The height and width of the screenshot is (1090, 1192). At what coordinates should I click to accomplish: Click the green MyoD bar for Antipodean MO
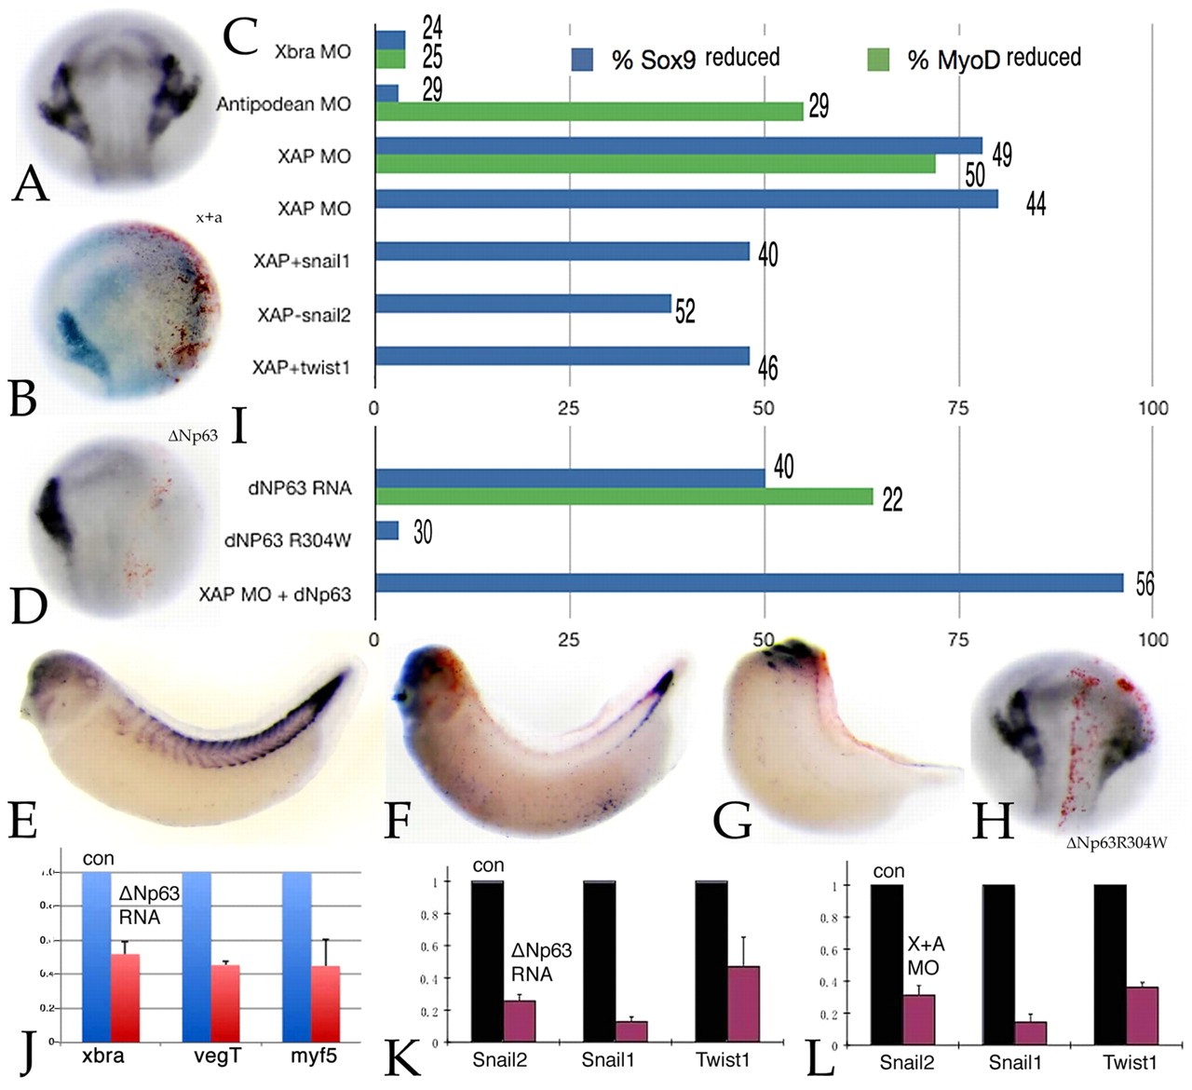pyautogui.click(x=589, y=111)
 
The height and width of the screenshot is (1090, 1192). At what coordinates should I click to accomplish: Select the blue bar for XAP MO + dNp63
pyautogui.click(x=749, y=584)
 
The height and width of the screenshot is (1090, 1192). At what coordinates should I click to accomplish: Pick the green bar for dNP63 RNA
pyautogui.click(x=624, y=496)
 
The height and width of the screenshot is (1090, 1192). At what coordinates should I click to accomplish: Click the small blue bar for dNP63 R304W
pyautogui.click(x=386, y=531)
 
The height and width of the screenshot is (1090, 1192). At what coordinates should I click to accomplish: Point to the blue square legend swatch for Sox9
pyautogui.click(x=582, y=60)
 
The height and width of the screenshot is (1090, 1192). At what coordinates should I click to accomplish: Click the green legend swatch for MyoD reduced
pyautogui.click(x=879, y=60)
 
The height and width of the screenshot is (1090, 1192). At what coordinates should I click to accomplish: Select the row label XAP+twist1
pyautogui.click(x=301, y=367)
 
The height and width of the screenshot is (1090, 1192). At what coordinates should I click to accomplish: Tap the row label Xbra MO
pyautogui.click(x=313, y=51)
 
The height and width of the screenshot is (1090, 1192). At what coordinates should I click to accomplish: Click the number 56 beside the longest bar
pyautogui.click(x=1145, y=584)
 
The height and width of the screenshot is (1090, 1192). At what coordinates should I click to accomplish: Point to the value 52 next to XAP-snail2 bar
pyautogui.click(x=685, y=310)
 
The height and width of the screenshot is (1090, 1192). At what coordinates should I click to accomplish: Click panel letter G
pyautogui.click(x=733, y=821)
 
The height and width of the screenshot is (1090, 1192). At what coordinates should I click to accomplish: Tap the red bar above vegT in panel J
pyautogui.click(x=224, y=1003)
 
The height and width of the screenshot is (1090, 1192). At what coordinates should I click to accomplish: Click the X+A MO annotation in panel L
pyautogui.click(x=923, y=957)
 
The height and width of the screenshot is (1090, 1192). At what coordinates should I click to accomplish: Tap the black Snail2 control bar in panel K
pyautogui.click(x=487, y=961)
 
